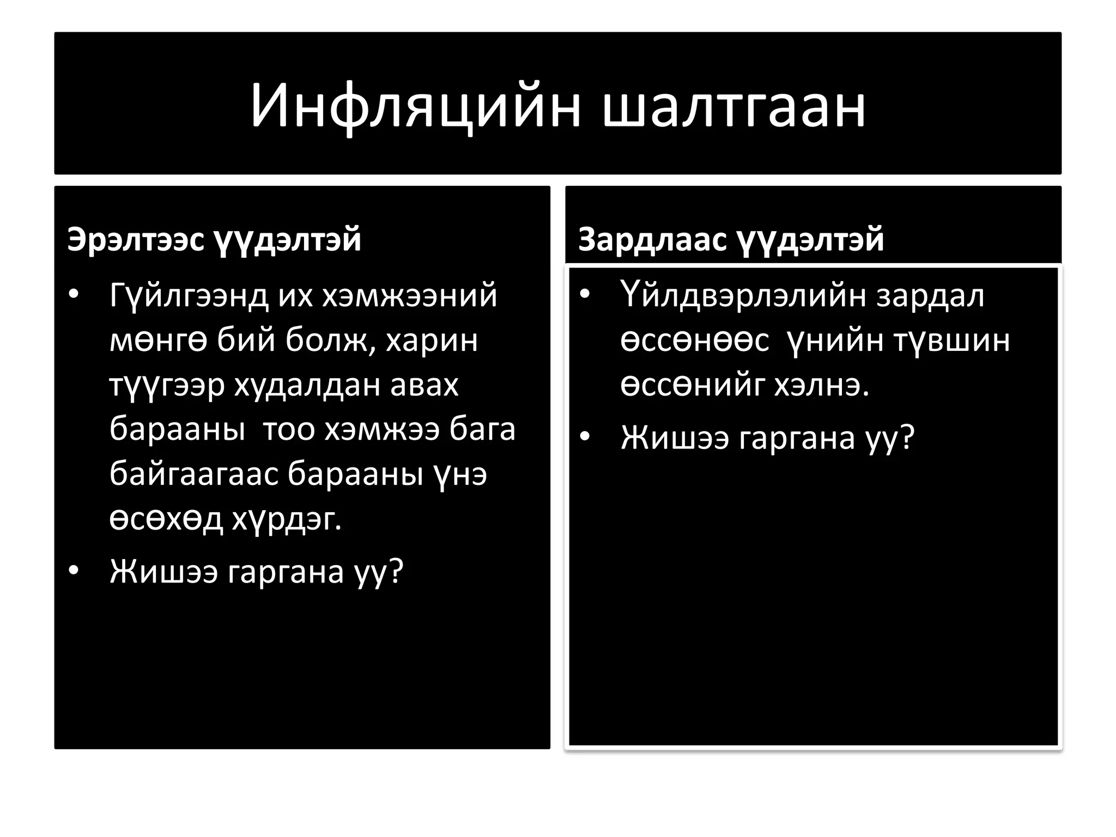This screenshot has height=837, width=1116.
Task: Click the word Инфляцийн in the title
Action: coord(416,106)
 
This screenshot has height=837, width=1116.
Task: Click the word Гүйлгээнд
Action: coord(189,296)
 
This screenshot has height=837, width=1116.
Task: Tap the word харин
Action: coord(432,341)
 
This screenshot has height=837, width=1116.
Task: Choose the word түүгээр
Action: coord(167,385)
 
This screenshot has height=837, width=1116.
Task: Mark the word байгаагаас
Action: coord(193,475)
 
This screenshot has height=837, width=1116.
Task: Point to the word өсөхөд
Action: coord(166,519)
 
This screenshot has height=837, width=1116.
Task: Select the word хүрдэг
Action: coord(287,519)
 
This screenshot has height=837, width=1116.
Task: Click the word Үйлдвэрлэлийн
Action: coord(743,296)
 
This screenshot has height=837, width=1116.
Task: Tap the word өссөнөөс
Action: coord(695,341)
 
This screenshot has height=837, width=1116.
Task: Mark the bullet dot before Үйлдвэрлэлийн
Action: coord(585,295)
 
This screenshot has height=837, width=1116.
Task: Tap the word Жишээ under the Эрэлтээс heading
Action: coord(163,572)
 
